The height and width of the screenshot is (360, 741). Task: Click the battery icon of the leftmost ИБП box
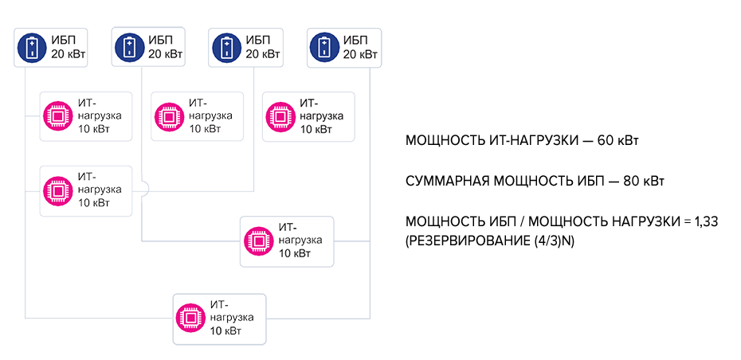33,47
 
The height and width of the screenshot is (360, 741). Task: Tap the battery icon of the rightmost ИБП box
324,47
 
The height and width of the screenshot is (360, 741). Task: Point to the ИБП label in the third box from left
257,41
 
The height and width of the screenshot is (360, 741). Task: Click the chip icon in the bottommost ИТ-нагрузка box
191,319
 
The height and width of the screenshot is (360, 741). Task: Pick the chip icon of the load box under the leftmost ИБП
58,116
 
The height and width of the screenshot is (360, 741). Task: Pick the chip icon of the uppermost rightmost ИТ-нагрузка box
280,116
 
